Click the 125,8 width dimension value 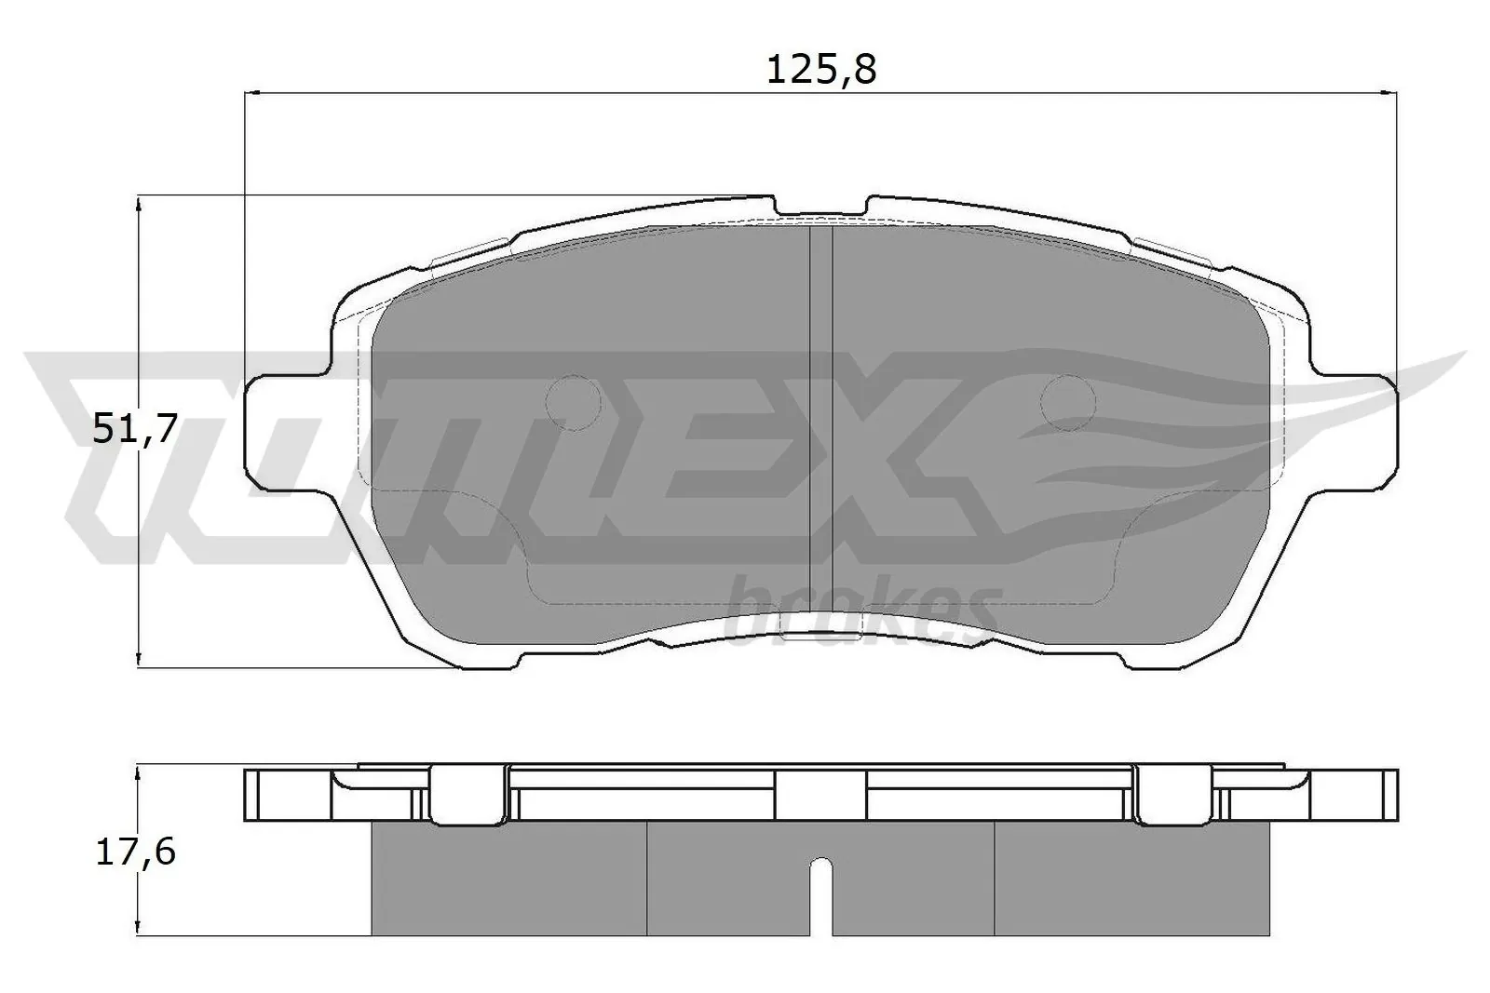pos(821,70)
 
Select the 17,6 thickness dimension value pos(135,852)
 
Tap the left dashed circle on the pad pos(573,403)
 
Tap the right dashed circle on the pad pos(1068,403)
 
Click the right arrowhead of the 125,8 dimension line pos(1389,92)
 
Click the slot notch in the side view pos(819,893)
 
